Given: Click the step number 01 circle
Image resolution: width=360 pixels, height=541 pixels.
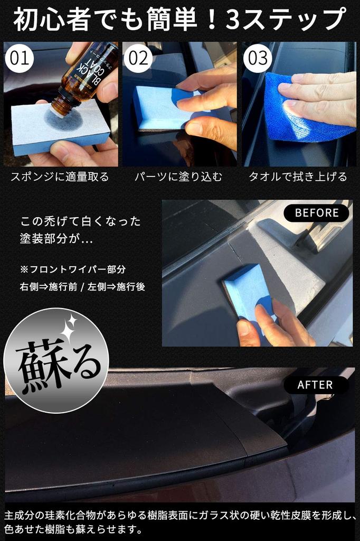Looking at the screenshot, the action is click(20, 58).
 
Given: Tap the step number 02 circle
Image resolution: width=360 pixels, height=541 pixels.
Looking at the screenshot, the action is click(138, 58).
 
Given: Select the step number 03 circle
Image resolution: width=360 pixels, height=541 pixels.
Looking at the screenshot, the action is click(258, 58).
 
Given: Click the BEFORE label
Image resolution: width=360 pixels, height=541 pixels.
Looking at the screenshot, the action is click(317, 213).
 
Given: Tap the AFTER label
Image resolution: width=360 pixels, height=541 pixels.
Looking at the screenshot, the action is click(315, 385).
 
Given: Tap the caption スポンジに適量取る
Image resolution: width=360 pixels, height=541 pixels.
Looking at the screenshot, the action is click(60, 176).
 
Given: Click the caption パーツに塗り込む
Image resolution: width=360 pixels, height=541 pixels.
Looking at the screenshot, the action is click(178, 176).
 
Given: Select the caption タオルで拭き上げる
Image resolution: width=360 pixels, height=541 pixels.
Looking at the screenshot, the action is click(298, 176).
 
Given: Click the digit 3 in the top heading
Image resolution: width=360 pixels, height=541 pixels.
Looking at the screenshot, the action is click(233, 20).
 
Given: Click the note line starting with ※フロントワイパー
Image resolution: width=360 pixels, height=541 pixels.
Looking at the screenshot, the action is click(73, 269).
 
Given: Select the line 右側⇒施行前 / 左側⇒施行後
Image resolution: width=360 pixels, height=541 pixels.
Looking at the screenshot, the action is click(82, 286).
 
